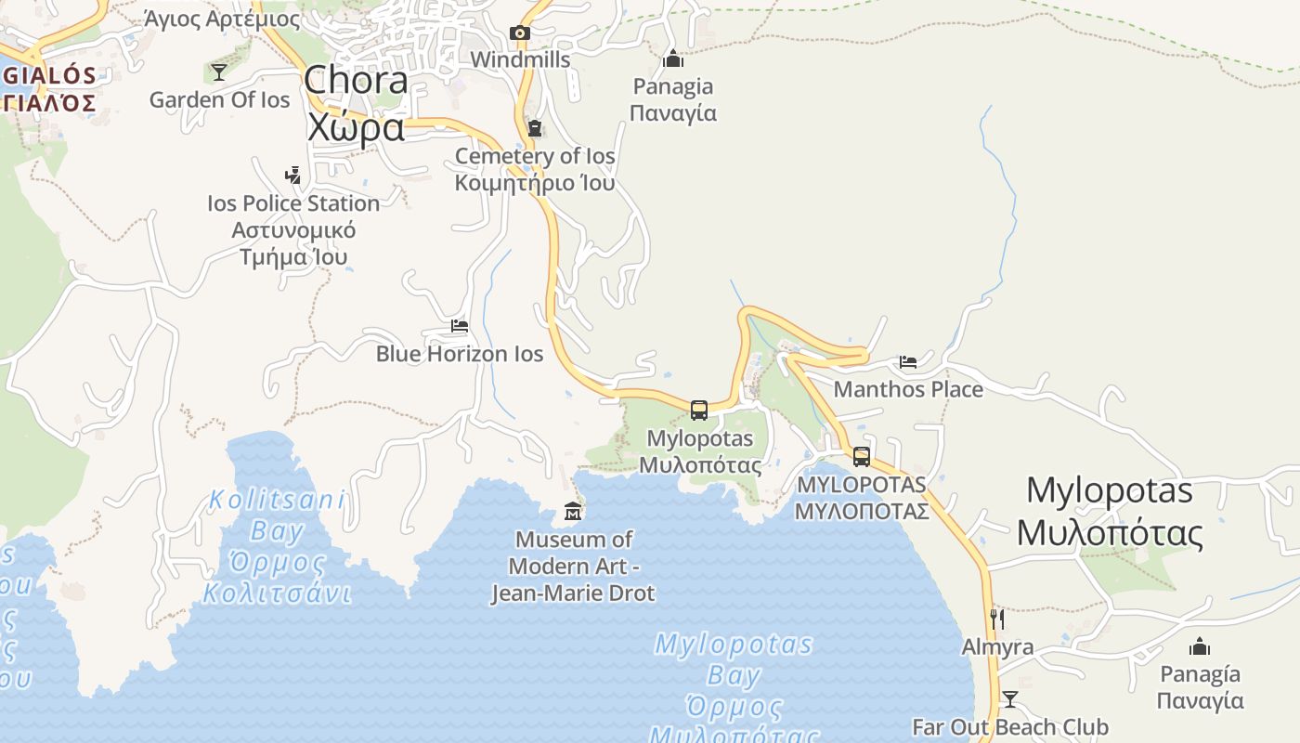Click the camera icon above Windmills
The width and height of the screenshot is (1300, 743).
520,33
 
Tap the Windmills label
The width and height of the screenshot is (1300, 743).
520,59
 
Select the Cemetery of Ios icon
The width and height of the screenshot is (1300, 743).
534,128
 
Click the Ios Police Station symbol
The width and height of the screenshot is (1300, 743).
293,175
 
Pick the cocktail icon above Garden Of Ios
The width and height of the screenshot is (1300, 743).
219,72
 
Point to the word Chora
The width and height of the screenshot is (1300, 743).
356,80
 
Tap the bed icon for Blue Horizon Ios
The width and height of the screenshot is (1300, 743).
460,326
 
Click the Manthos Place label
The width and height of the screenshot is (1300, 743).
908,389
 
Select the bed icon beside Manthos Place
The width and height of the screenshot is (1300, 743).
908,361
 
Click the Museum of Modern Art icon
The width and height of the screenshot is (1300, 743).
573,512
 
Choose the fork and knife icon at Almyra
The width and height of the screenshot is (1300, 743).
998,619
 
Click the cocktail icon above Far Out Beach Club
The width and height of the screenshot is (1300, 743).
1010,699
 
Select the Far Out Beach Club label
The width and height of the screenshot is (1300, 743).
1010,727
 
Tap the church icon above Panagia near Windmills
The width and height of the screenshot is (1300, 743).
673,59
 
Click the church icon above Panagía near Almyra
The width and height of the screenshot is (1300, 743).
1200,646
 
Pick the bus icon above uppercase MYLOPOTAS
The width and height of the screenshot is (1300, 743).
862,456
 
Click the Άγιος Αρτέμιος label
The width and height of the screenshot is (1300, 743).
223,19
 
